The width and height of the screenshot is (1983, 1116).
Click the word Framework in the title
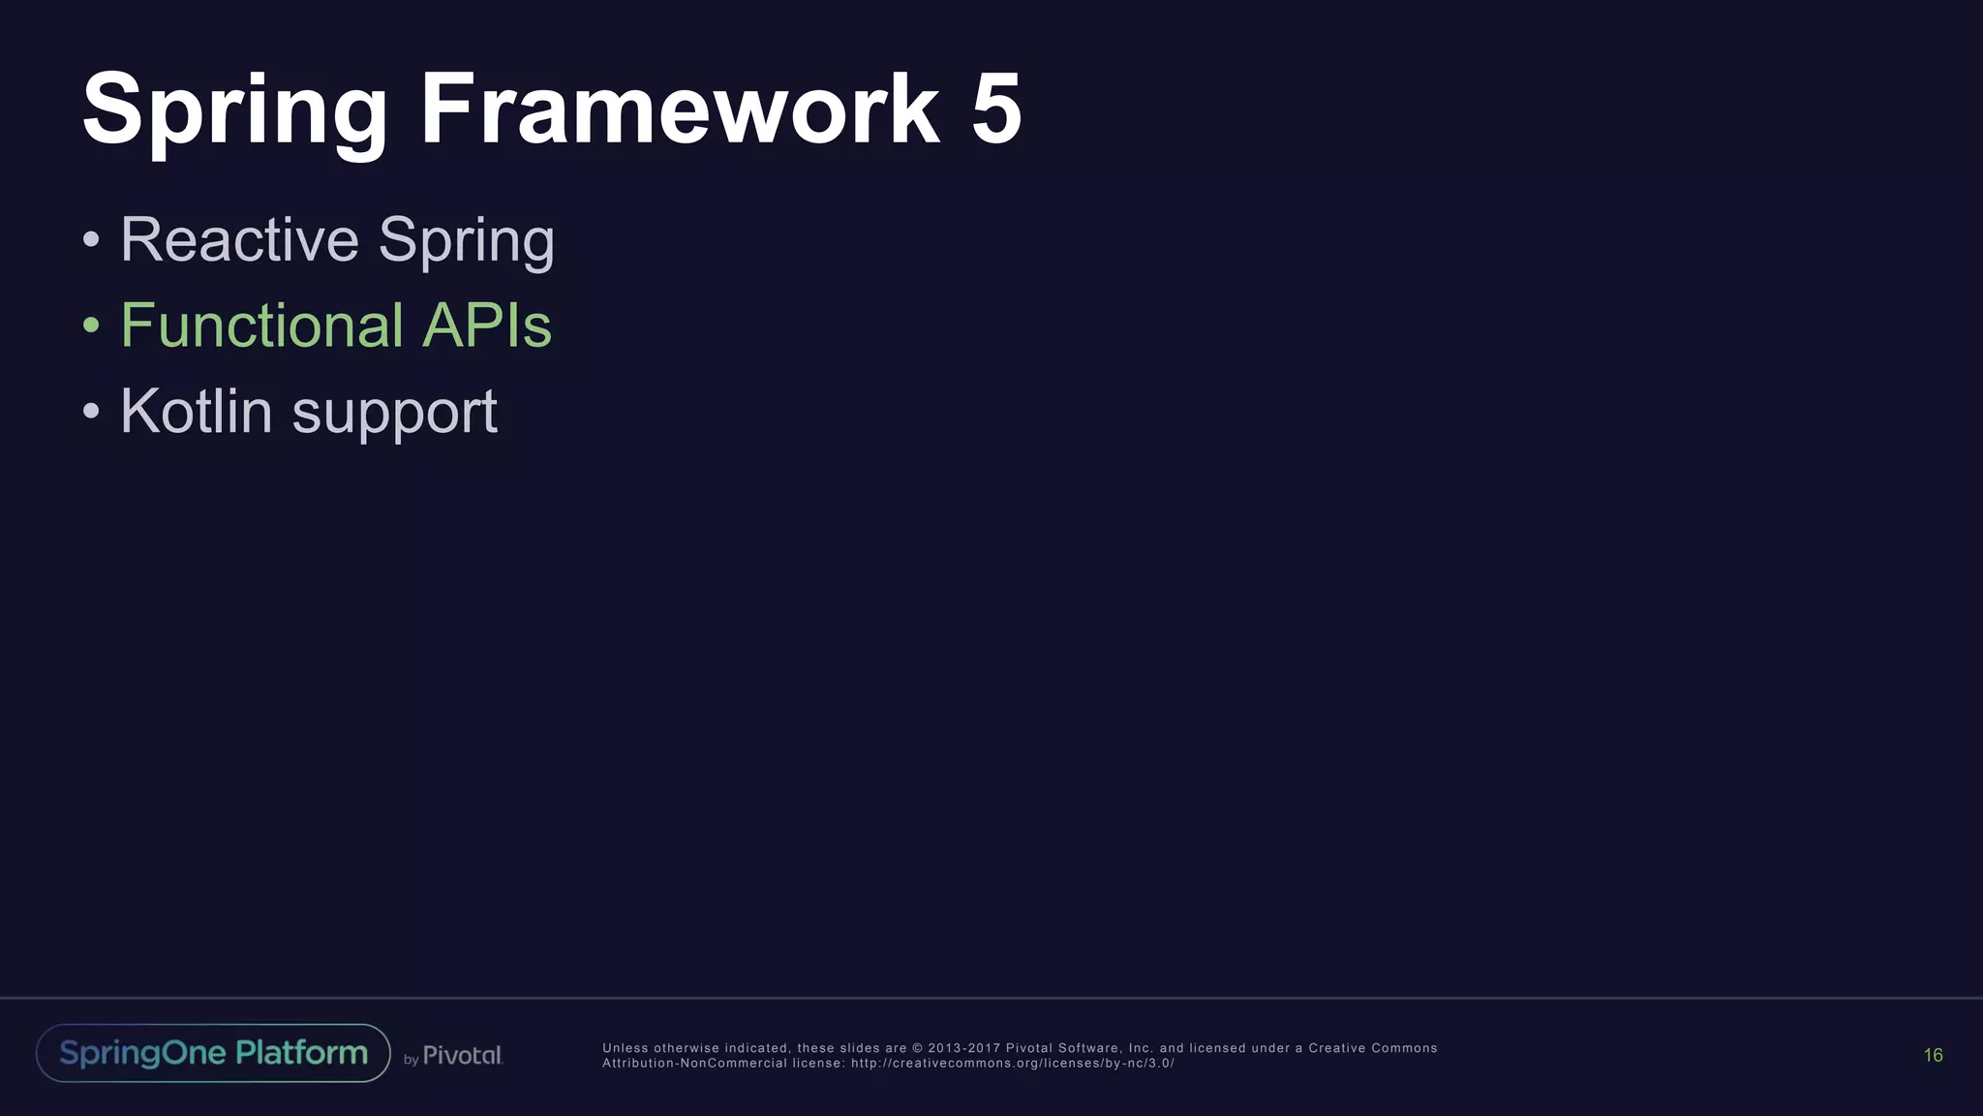coord(679,108)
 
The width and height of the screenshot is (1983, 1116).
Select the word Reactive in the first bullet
coord(239,239)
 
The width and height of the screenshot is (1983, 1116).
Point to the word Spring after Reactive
coord(466,241)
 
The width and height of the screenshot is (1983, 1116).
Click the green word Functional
coord(261,325)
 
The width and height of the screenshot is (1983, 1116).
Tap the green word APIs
coord(487,325)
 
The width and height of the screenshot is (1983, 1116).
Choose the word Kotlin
coord(197,411)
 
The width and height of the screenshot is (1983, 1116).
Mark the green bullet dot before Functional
coord(91,325)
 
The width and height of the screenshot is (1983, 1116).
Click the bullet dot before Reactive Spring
coord(91,240)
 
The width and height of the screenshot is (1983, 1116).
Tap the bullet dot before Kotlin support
coord(91,412)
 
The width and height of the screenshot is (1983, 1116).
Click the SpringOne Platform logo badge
coord(213,1053)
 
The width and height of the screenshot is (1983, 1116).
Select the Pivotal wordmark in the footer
coord(463,1056)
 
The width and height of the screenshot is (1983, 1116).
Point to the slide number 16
coord(1933,1055)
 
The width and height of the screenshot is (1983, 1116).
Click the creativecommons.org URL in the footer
coord(1012,1064)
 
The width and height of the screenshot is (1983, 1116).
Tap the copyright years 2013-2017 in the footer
coord(963,1048)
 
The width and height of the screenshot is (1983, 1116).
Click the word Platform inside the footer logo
coord(301,1052)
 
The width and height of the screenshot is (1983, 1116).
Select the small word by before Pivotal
coord(411,1060)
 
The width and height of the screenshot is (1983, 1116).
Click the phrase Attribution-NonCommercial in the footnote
coord(694,1064)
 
